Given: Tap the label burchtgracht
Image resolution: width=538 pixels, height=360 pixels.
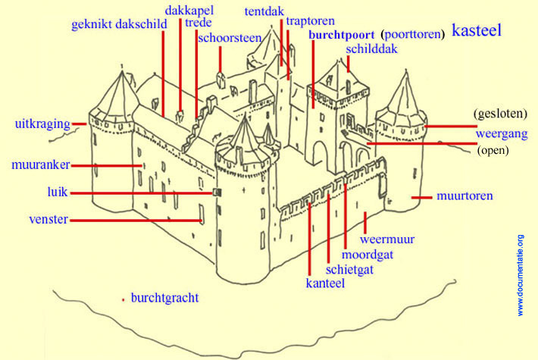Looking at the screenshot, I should point(164,298).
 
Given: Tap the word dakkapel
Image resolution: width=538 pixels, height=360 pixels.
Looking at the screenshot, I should point(189,10).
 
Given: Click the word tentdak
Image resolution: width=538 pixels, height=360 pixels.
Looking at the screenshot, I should point(264,11).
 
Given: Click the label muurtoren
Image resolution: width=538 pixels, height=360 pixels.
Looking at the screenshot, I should point(464,196).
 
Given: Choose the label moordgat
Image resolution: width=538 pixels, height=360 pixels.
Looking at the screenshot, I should point(367,255).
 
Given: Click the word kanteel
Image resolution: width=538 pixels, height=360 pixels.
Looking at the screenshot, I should point(325,283).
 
